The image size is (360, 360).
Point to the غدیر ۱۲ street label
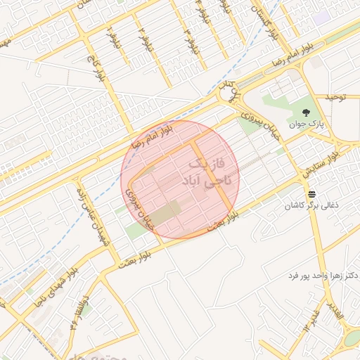coord(311,319)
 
